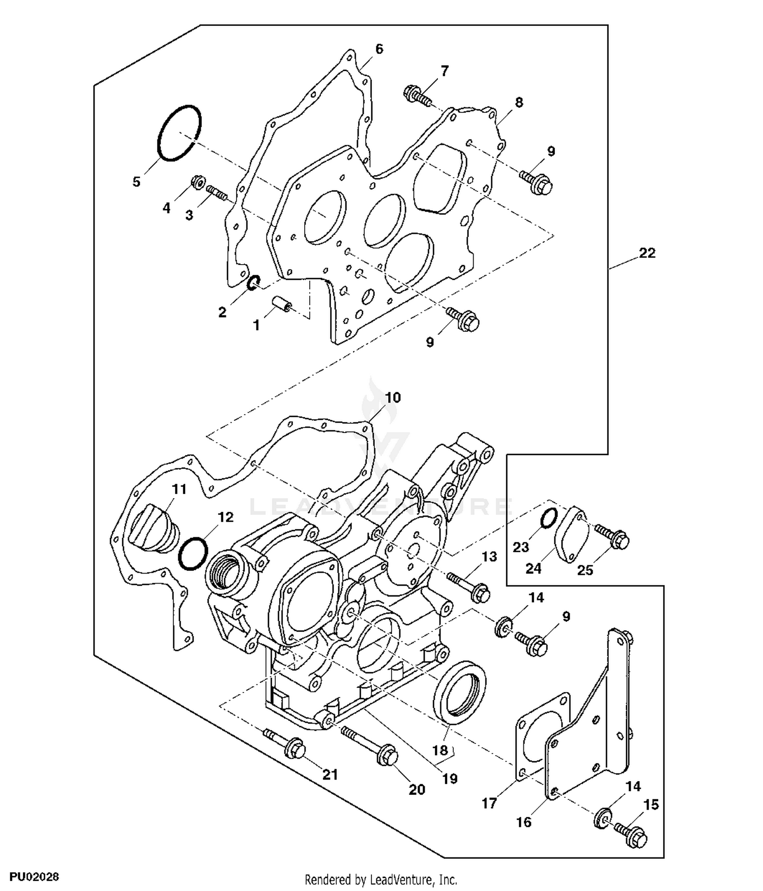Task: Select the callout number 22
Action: (647, 253)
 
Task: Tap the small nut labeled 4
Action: (197, 182)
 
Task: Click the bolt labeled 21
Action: (285, 744)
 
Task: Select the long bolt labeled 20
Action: (368, 745)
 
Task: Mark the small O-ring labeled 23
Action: (547, 519)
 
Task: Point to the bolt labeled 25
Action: (612, 536)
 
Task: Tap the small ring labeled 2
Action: (253, 283)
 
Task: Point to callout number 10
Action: (393, 397)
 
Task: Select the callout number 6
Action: (379, 49)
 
